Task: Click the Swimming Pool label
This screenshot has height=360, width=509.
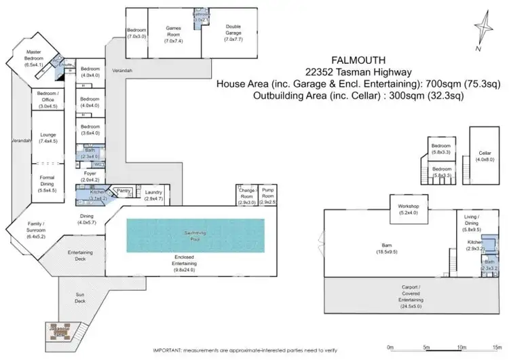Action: (195, 234)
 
